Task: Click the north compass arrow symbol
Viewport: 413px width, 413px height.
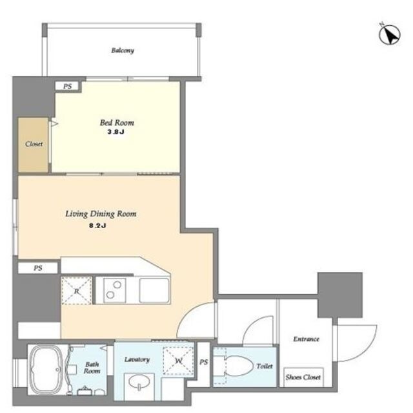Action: (x=390, y=34)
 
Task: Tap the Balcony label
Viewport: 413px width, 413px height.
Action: (x=123, y=50)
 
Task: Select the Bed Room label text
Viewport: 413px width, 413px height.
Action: (x=117, y=123)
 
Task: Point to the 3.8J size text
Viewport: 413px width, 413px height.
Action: (x=116, y=132)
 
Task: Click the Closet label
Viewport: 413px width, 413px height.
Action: (x=34, y=143)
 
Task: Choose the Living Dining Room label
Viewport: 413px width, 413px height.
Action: (x=101, y=214)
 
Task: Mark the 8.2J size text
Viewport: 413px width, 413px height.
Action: (x=97, y=226)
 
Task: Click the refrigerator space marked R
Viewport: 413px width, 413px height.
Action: (x=76, y=291)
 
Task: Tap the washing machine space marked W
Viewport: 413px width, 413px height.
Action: (x=178, y=361)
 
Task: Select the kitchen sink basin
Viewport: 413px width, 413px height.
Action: (x=154, y=290)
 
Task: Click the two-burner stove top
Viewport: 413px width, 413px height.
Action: (x=114, y=290)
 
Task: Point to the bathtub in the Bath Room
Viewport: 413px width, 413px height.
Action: (x=46, y=370)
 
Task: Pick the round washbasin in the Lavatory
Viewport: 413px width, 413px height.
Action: (x=139, y=382)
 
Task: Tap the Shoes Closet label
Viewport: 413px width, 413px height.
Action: (x=303, y=377)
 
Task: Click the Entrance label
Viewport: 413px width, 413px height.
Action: (x=307, y=339)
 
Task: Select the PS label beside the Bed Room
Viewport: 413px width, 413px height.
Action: (x=67, y=86)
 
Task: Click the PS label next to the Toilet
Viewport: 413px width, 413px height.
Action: (x=204, y=362)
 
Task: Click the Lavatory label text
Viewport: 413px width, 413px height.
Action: (x=137, y=359)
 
